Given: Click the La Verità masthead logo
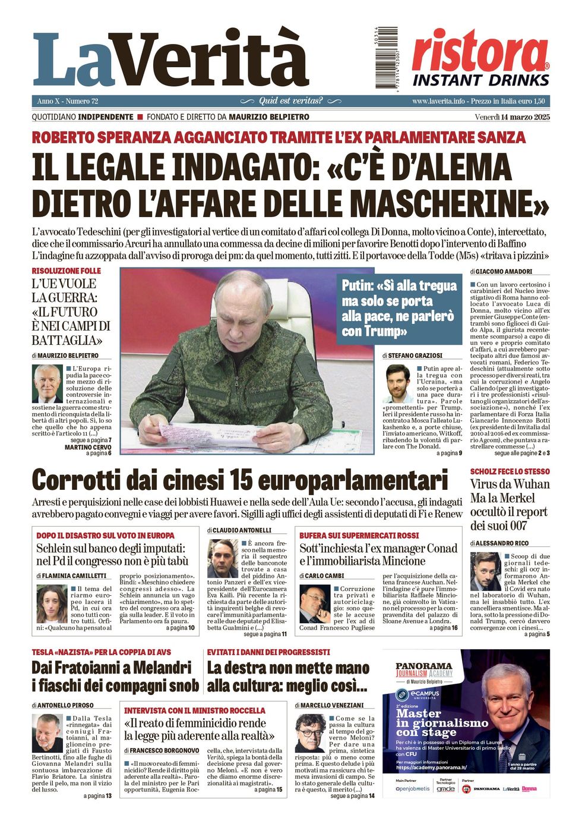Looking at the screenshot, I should point(170,59).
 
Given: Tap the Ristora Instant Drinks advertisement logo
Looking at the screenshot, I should point(480,58).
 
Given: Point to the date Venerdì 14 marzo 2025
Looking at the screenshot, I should point(512,117).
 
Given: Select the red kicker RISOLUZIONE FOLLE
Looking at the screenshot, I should point(67,271).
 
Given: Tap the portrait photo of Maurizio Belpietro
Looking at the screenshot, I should point(48,383).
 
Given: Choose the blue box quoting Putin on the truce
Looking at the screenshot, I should point(399,307).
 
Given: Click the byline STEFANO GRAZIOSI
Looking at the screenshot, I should point(415,356).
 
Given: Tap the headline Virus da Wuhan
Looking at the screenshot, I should point(510,484).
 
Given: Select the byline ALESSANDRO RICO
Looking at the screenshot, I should point(502,543).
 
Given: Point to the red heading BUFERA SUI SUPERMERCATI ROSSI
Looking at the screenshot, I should point(359,536).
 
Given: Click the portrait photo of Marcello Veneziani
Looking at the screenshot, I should point(311,733).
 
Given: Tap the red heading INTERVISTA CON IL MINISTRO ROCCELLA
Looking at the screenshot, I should point(195,710).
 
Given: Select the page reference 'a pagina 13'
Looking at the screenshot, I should point(97,795).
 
